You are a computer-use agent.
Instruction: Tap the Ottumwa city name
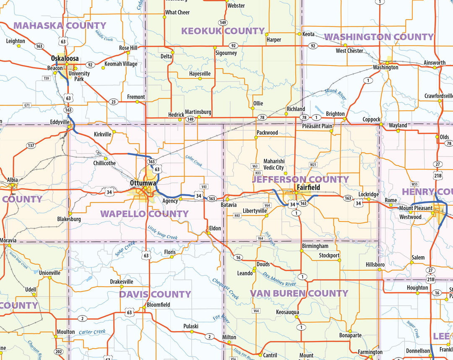tap(143, 183)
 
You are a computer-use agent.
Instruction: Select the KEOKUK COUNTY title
tap(223, 31)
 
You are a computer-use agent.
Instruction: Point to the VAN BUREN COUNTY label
tap(299, 293)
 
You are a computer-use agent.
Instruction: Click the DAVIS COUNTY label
tap(155, 294)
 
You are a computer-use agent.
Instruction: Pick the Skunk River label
tap(336, 94)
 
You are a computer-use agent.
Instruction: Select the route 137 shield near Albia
tap(31, 146)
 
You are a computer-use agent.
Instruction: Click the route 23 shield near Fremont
tap(113, 102)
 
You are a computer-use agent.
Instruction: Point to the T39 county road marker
tap(46, 78)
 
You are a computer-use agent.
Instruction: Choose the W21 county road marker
tap(313, 164)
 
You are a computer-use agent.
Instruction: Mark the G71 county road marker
tap(27, 105)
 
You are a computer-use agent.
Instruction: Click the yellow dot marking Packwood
tap(256, 137)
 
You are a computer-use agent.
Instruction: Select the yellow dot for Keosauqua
tap(300, 318)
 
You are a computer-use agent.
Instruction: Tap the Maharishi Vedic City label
tap(273, 164)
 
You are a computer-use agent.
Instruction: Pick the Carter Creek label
tap(92, 332)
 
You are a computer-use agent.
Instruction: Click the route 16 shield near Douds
tap(238, 258)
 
